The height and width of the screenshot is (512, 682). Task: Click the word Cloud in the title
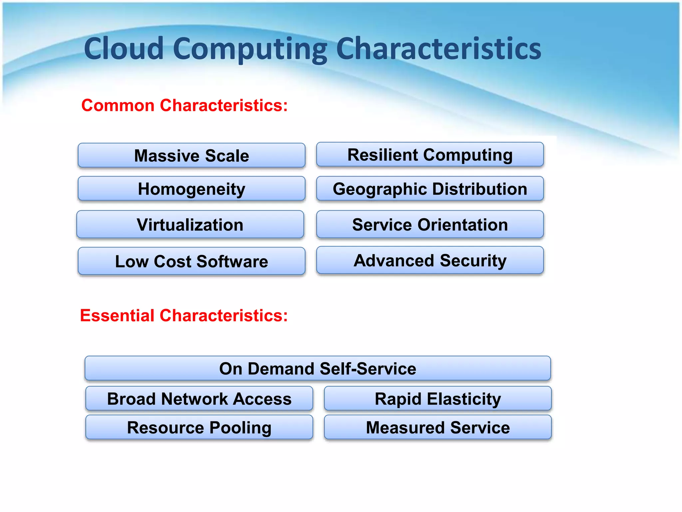pyautogui.click(x=124, y=49)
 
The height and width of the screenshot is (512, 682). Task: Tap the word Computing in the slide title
pyautogui.click(x=250, y=49)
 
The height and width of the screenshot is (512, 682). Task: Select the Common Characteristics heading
pyautogui.click(x=184, y=105)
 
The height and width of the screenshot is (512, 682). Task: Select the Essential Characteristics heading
pyautogui.click(x=184, y=315)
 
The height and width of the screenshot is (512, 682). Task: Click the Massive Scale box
pyautogui.click(x=191, y=156)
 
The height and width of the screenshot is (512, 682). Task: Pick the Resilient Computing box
pyautogui.click(x=430, y=155)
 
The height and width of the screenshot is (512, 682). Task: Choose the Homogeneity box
pyautogui.click(x=191, y=189)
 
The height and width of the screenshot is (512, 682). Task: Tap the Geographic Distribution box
pyautogui.click(x=430, y=189)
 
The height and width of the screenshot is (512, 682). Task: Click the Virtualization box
pyautogui.click(x=190, y=225)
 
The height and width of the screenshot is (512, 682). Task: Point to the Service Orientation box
pyautogui.click(x=430, y=225)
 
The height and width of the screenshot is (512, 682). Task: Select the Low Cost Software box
pyautogui.click(x=191, y=261)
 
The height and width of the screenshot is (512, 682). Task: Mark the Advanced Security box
pyautogui.click(x=430, y=260)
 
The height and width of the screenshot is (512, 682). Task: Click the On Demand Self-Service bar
pyautogui.click(x=318, y=369)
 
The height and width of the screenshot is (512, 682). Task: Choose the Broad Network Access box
pyautogui.click(x=199, y=399)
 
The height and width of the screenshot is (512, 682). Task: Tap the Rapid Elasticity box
pyautogui.click(x=438, y=399)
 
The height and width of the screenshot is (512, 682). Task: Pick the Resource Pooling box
pyautogui.click(x=199, y=427)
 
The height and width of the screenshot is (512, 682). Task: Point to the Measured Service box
pyautogui.click(x=438, y=427)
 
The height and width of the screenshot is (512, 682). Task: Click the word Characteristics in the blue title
pyautogui.click(x=439, y=49)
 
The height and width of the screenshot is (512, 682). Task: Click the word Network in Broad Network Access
pyautogui.click(x=195, y=399)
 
